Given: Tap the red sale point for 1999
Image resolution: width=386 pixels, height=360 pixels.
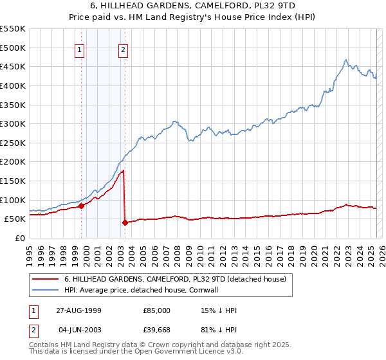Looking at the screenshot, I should pos(82,206).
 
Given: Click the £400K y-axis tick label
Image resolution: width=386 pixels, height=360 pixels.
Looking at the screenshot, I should pos(13,85).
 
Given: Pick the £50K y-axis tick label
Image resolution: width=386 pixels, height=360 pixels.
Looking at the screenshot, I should pos(15,219).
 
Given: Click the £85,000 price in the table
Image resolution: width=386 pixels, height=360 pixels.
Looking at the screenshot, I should pos(157,310).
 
